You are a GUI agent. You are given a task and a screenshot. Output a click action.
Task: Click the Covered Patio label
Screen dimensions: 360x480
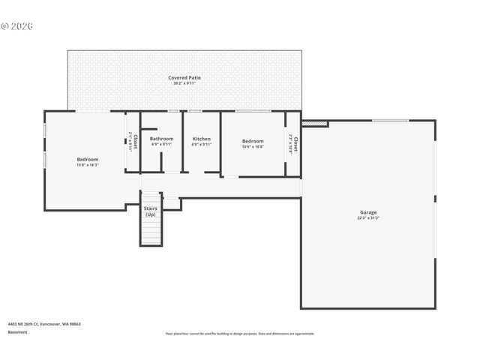click(x=184, y=77)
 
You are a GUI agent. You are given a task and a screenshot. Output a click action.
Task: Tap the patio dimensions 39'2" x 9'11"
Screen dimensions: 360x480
click(x=184, y=83)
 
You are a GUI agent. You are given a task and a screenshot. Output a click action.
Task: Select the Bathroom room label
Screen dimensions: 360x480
click(x=161, y=139)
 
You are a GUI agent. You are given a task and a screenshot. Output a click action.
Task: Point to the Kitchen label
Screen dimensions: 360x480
click(x=202, y=139)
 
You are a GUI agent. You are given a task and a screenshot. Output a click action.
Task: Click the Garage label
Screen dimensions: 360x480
click(x=367, y=212)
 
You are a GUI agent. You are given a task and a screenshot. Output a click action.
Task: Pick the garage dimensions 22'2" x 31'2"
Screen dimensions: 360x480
click(x=367, y=218)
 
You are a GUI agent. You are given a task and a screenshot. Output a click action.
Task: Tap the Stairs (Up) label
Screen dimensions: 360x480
click(x=150, y=211)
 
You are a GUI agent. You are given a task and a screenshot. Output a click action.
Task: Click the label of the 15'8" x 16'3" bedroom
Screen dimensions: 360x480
click(x=87, y=159)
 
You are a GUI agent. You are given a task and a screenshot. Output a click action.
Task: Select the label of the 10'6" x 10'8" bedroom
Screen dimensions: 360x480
click(x=253, y=141)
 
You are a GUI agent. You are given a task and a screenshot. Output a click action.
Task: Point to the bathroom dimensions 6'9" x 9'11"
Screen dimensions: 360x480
click(x=161, y=144)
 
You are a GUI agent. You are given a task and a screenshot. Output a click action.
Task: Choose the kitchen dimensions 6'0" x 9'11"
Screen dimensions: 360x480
click(x=202, y=144)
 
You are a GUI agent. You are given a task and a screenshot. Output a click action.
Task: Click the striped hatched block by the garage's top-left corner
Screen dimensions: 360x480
click(x=315, y=122)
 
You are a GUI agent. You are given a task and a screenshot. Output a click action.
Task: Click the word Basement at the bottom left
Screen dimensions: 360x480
click(x=18, y=331)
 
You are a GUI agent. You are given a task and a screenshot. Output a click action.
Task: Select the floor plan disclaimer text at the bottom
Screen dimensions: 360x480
click(x=240, y=334)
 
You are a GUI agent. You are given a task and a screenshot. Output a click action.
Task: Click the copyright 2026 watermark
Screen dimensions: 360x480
click(x=17, y=25)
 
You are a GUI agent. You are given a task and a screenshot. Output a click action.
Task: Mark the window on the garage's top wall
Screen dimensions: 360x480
click(x=391, y=120)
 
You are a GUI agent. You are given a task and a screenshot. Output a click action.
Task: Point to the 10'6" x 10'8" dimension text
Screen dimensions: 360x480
click(x=253, y=147)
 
